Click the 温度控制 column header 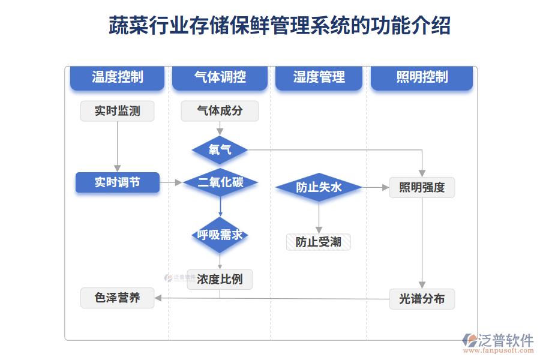tap(117, 77)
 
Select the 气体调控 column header tap(220, 77)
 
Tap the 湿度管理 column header tap(319, 77)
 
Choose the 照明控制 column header tap(422, 77)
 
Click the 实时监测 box tap(117, 111)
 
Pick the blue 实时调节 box tap(117, 182)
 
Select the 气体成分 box tap(220, 111)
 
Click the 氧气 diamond tap(220, 149)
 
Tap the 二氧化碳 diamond tap(220, 182)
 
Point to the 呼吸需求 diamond tap(220, 235)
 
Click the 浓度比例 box tap(220, 280)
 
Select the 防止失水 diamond tap(319, 188)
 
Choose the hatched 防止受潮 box tap(319, 242)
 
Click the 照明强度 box tap(422, 188)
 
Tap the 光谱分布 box tap(422, 299)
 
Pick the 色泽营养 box tap(117, 298)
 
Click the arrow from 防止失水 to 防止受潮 tap(319, 217)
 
